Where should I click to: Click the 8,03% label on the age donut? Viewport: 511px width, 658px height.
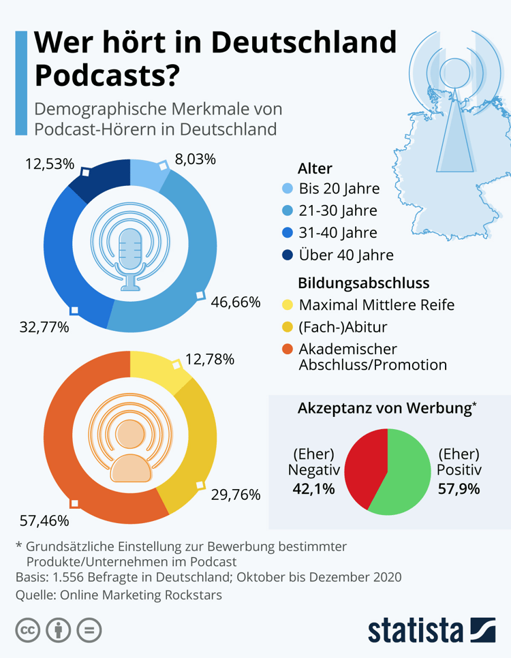pos(196,161)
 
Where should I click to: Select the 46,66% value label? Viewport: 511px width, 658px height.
pos(235,302)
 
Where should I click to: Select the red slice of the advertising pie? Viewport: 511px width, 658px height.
pos(362,464)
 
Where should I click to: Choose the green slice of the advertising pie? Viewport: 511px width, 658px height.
pos(406,477)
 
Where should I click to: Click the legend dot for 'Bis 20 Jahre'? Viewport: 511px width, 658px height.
pos(286,189)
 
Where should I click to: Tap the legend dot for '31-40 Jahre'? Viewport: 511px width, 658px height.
pos(286,232)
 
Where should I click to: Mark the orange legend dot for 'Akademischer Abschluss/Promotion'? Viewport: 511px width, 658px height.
pos(286,349)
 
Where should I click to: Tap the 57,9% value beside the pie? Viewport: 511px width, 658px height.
pos(459,488)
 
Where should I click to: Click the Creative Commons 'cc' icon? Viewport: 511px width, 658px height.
pos(27,630)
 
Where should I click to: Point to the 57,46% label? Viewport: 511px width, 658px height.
pos(44,521)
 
